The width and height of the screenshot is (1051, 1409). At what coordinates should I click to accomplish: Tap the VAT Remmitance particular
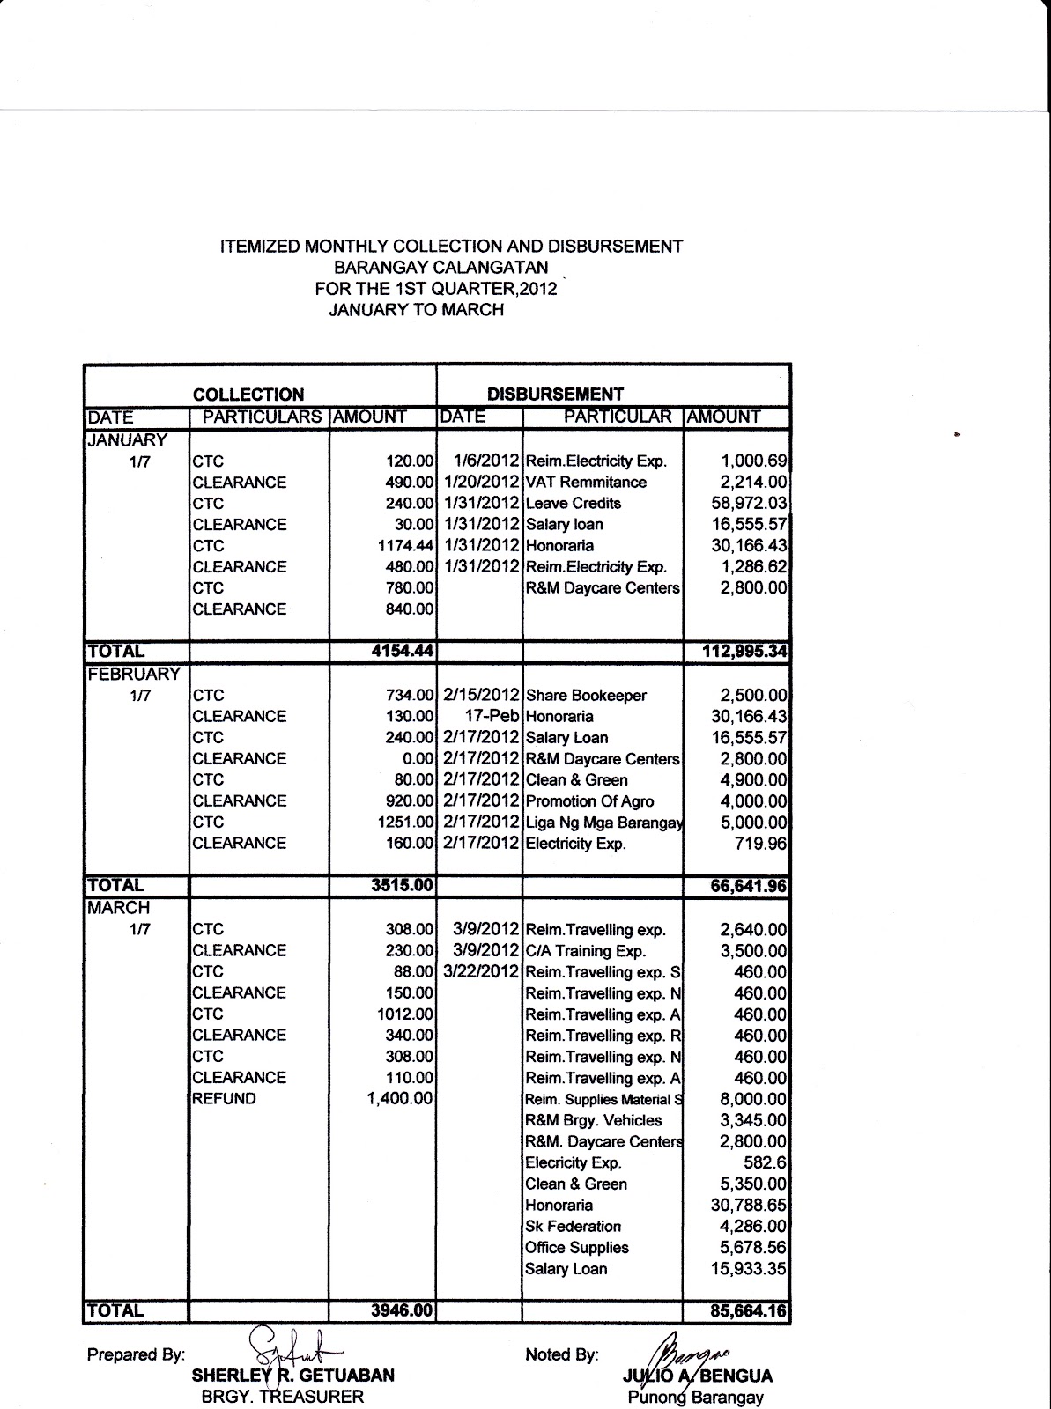[586, 483]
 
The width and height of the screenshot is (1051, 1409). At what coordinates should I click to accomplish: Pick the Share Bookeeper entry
[586, 696]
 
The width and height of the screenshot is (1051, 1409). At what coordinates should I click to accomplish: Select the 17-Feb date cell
[492, 717]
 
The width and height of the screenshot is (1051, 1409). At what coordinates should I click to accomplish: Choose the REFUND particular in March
[224, 1099]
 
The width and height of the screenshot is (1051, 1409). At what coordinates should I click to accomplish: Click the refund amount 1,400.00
[400, 1099]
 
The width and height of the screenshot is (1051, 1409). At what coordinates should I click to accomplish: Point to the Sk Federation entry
[573, 1227]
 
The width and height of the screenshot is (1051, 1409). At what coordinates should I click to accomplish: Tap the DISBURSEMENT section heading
[555, 395]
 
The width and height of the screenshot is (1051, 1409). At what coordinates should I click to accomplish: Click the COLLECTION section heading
[248, 395]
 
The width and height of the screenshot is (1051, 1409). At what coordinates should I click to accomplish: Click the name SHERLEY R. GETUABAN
[292, 1376]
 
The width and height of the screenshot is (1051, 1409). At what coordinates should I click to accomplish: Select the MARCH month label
[119, 908]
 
